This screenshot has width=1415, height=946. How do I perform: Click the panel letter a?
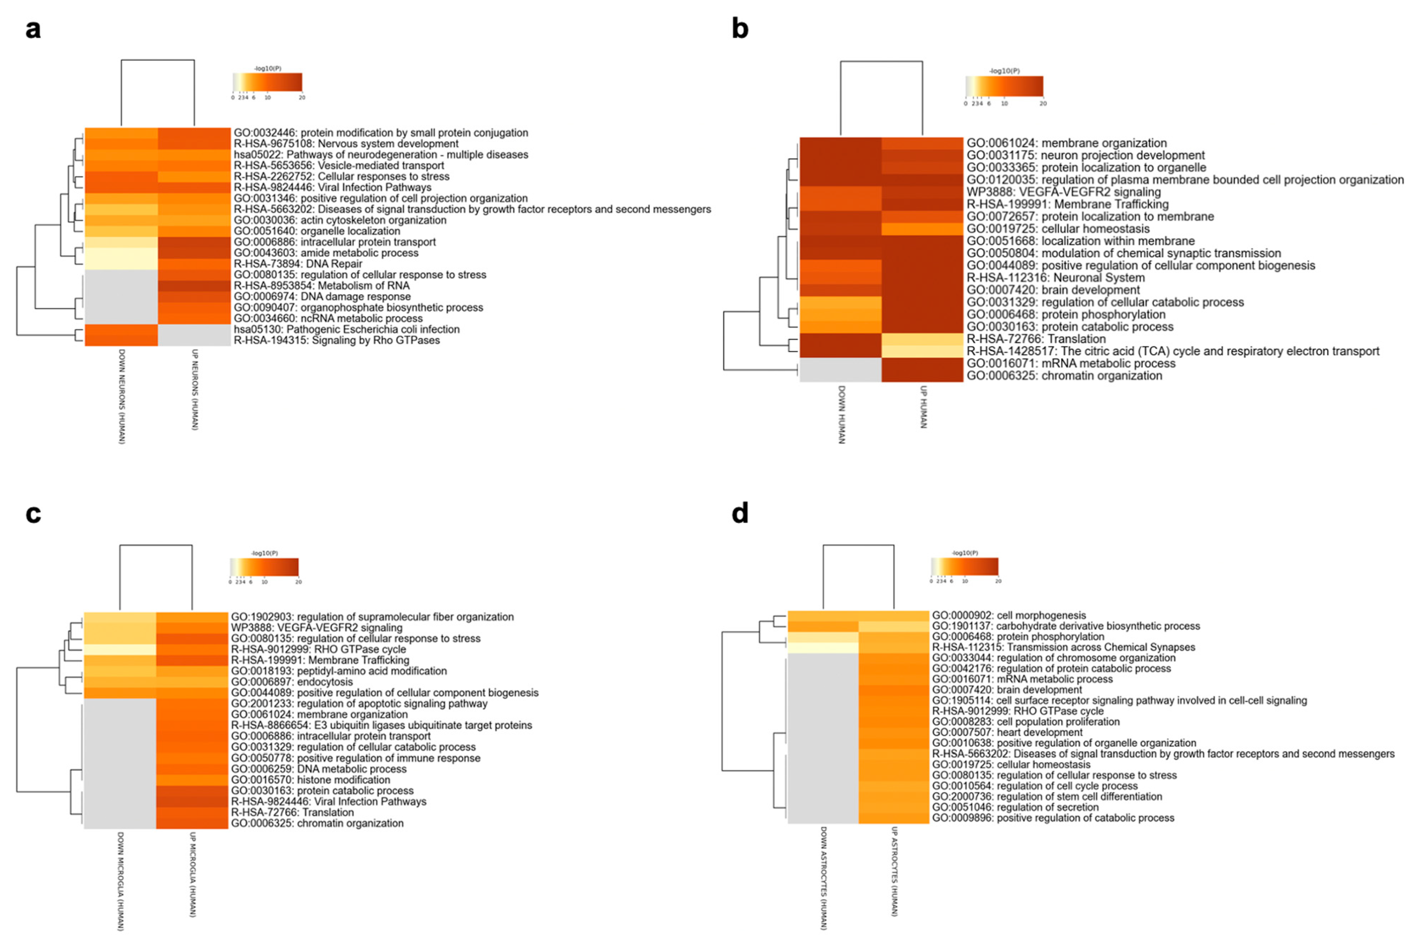(33, 29)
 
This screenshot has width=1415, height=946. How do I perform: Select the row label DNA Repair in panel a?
(298, 264)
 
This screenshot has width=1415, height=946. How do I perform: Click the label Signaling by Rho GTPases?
(337, 340)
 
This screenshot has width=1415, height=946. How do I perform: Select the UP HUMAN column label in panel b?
(923, 407)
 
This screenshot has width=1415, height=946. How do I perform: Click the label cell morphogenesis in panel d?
(1009, 615)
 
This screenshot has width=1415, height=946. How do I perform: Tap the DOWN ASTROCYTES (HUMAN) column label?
(824, 878)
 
